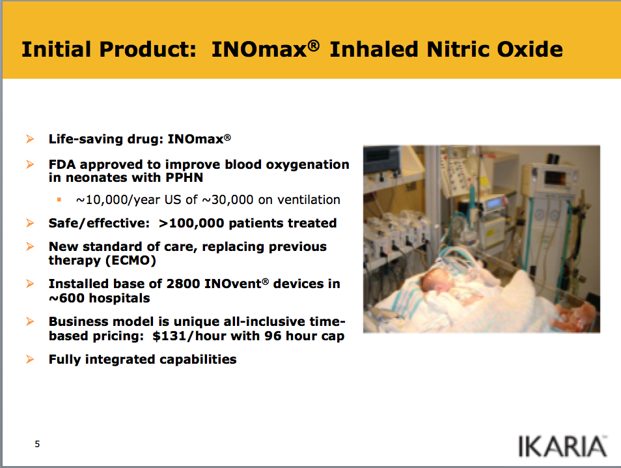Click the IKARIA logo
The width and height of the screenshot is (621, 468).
coord(562,446)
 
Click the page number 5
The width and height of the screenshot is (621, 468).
coord(37,444)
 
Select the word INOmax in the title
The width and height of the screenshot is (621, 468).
coord(260,49)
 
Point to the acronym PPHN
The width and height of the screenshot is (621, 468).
coord(184,177)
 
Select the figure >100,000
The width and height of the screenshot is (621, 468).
coord(191,223)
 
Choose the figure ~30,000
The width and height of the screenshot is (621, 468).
coord(228,199)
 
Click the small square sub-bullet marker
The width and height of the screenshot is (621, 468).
coord(59,199)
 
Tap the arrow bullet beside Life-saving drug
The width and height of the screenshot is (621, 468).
coord(30,139)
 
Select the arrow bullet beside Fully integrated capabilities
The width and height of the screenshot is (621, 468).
coord(30,359)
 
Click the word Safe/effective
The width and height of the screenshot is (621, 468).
coord(99,223)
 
